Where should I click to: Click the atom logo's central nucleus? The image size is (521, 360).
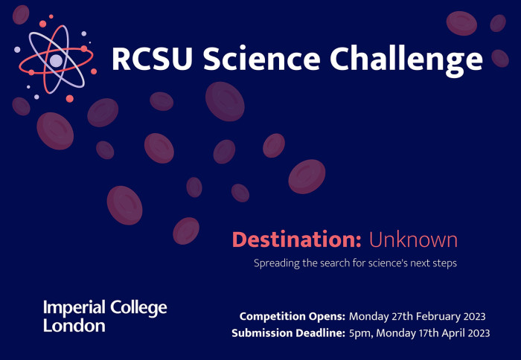[56, 60]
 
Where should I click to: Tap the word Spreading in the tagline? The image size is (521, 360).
[278, 263]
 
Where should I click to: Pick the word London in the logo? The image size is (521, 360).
[74, 326]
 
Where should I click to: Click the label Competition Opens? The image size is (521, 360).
[292, 315]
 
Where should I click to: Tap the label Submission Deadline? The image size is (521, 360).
[288, 332]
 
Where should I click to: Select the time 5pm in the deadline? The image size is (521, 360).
[360, 332]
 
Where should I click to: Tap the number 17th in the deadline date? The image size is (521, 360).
[421, 332]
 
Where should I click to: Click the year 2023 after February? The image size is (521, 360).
[474, 315]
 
